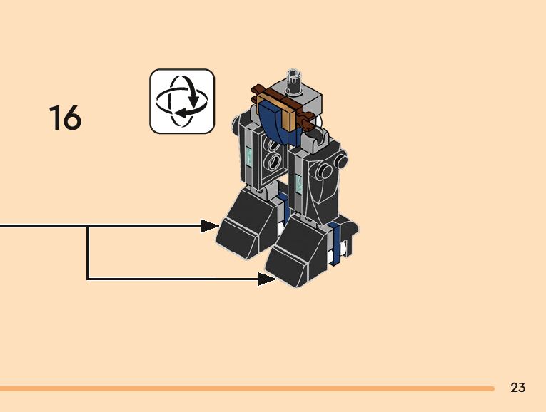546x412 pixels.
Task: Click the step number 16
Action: (x=65, y=118)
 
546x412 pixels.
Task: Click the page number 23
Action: (x=518, y=388)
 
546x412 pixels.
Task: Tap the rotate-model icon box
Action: (x=182, y=101)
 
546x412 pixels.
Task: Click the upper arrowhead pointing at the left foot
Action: (x=210, y=226)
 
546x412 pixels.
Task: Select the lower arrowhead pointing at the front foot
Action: (x=267, y=279)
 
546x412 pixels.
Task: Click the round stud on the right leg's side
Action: (x=327, y=171)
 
